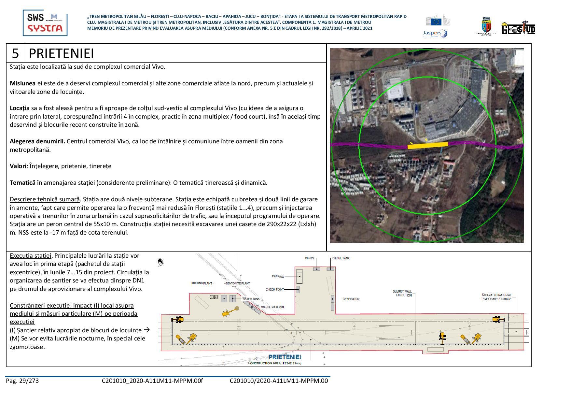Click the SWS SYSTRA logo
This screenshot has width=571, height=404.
click(45, 23)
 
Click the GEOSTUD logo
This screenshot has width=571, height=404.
click(518, 28)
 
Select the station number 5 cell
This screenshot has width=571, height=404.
click(15, 53)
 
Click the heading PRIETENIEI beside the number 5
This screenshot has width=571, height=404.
click(62, 53)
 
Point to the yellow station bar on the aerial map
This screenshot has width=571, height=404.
click(427, 146)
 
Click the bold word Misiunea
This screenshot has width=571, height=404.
click(22, 83)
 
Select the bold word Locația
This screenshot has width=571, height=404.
click(20, 108)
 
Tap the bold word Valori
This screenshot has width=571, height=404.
click(18, 166)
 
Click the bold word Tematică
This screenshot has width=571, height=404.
click(22, 182)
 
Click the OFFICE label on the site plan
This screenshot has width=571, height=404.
click(310, 258)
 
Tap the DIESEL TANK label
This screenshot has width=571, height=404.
click(341, 258)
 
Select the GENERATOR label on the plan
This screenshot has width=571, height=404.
click(351, 299)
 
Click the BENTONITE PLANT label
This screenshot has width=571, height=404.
click(238, 283)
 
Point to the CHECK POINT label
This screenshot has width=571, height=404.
click(274, 289)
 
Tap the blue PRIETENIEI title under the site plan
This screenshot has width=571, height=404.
click(285, 357)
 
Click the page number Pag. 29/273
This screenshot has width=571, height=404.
click(22, 381)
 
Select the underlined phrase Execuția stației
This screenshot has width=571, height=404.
click(31, 256)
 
